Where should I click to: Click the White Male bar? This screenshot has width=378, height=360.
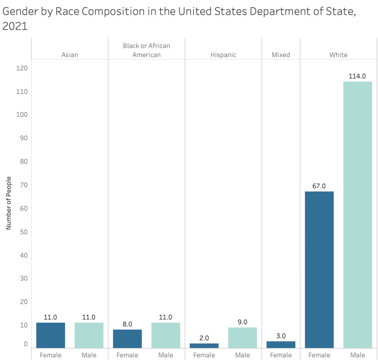tap(357, 215)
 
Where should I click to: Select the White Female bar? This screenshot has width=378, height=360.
tap(319, 270)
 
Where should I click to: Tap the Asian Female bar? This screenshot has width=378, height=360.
tap(51, 335)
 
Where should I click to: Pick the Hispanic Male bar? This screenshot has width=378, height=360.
tap(243, 337)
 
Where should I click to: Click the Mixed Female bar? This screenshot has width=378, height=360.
tap(281, 344)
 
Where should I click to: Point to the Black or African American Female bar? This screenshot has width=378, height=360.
tap(127, 339)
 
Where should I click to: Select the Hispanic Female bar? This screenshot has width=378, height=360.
tap(204, 346)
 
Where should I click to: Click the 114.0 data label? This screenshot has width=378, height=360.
tap(357, 76)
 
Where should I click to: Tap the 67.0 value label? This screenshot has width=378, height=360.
tap(319, 186)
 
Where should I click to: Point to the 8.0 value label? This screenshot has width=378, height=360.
tap(127, 324)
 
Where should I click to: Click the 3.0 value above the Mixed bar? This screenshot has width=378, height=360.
tap(281, 336)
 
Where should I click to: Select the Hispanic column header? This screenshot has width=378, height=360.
tap(223, 55)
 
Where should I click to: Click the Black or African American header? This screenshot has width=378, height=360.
tap(147, 50)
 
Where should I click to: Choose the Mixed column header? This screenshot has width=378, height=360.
tap(281, 55)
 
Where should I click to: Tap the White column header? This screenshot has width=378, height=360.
tap(339, 55)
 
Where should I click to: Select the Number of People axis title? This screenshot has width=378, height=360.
tap(9, 203)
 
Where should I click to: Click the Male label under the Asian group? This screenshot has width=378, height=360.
tap(89, 355)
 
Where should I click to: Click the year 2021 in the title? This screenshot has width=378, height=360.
tap(15, 27)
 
